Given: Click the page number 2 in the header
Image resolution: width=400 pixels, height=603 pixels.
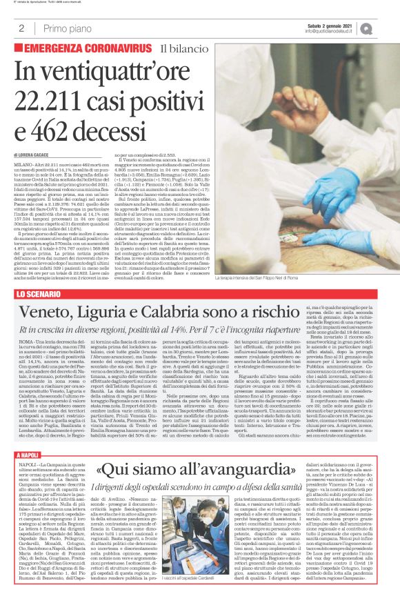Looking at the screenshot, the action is click(x=22, y=28).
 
